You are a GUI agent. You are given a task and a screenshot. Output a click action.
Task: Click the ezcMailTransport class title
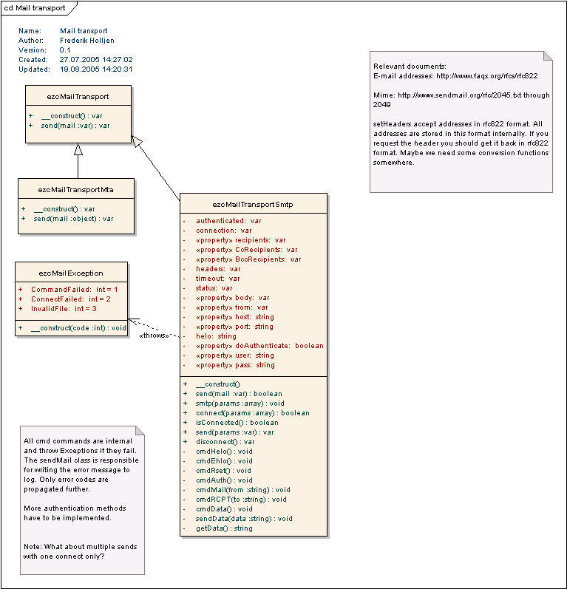[x=78, y=96]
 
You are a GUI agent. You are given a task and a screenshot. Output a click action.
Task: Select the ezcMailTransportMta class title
[x=76, y=189]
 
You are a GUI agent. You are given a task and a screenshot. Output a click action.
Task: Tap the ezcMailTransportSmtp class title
[x=253, y=204]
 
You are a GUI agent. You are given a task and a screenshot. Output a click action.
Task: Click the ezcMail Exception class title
[x=71, y=273]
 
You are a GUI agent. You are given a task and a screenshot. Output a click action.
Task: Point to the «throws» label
[x=154, y=336]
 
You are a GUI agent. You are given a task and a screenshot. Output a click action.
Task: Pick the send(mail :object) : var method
[x=73, y=219]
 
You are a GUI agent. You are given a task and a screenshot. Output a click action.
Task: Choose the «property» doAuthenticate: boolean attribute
[x=259, y=346]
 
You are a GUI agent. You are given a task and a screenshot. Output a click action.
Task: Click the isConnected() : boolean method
[x=232, y=423]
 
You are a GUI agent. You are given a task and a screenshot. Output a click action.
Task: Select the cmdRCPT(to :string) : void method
[x=241, y=500]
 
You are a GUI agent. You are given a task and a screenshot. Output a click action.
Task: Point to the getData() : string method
[x=224, y=528]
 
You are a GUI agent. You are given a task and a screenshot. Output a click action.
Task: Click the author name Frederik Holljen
[x=87, y=41]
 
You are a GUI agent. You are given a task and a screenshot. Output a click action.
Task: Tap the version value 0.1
[x=65, y=50]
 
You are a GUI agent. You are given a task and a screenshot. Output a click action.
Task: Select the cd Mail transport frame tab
[x=35, y=8]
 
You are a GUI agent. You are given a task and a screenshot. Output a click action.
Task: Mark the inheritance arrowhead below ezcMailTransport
[x=78, y=149]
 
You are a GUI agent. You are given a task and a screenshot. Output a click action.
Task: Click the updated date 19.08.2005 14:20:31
[x=96, y=69]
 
